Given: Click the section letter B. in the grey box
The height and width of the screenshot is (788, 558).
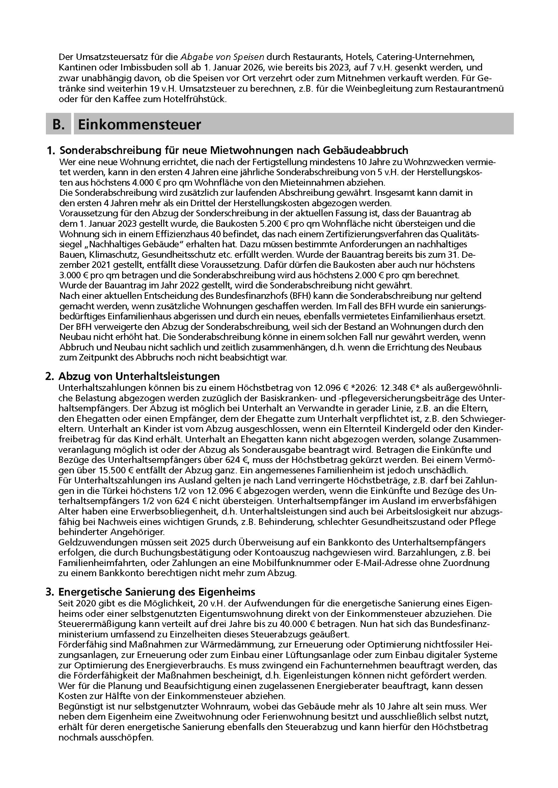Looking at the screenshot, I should point(59,124).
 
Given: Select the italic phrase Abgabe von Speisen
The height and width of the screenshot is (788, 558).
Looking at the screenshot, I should point(222,57).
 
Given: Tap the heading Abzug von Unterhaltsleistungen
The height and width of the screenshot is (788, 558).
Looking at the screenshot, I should point(139,376).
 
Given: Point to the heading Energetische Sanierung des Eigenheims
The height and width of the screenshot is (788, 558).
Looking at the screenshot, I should point(157,592).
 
